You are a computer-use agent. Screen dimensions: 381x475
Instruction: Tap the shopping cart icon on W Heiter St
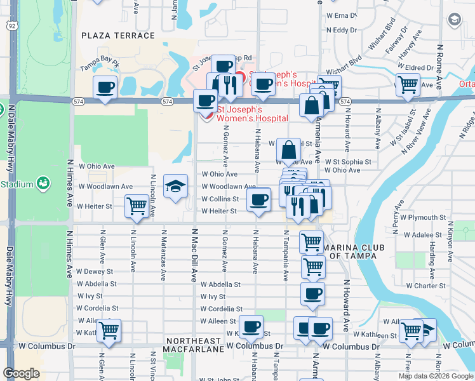pyautogui.click(x=138, y=206)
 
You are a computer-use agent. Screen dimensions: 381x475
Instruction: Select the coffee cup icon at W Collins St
pyautogui.click(x=258, y=199)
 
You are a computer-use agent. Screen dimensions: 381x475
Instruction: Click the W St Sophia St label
pyautogui.click(x=347, y=162)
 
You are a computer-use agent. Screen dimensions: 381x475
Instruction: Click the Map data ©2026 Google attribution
pyautogui.click(x=436, y=376)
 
